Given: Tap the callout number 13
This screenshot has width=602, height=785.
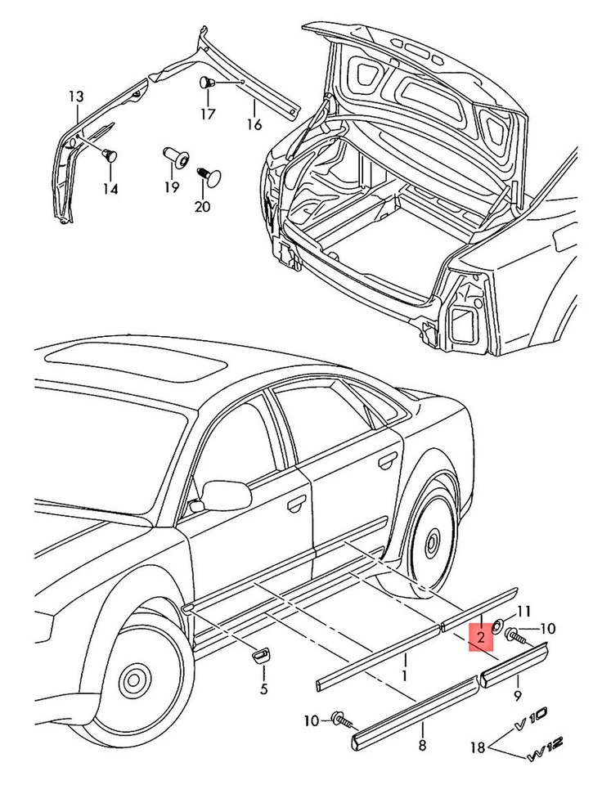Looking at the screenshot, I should pyautogui.click(x=76, y=97).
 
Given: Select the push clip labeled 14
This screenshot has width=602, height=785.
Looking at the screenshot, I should pyautogui.click(x=109, y=155).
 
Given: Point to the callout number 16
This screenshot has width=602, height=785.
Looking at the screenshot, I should pyautogui.click(x=254, y=125).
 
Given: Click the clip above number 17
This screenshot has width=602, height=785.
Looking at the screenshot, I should pyautogui.click(x=207, y=83).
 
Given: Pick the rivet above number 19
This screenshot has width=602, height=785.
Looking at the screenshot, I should pyautogui.click(x=173, y=155).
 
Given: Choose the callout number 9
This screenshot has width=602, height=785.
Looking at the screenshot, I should pyautogui.click(x=517, y=696).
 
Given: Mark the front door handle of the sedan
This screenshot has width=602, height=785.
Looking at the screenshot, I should pyautogui.click(x=292, y=506).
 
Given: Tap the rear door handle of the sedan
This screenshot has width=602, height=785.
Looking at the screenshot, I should pyautogui.click(x=384, y=463).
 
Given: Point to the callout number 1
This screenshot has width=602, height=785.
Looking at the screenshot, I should pyautogui.click(x=402, y=676).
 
